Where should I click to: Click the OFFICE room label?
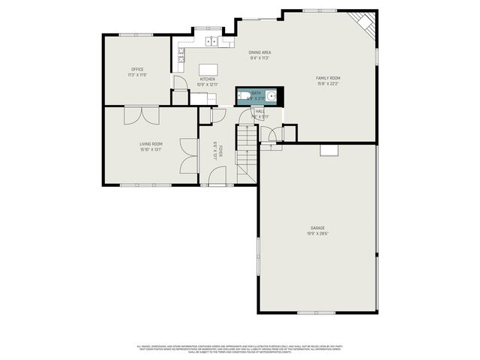137,69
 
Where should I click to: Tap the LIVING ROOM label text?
151,143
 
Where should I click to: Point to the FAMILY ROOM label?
328,78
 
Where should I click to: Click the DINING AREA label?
259,52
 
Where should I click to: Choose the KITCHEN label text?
207,79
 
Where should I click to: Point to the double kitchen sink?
207,41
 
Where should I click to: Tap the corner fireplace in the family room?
364,22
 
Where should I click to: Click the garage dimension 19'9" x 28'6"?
318,233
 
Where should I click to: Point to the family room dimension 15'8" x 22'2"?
328,84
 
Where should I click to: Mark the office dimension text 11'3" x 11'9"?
137,75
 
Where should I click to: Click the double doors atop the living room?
141,115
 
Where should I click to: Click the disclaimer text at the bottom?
240,349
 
